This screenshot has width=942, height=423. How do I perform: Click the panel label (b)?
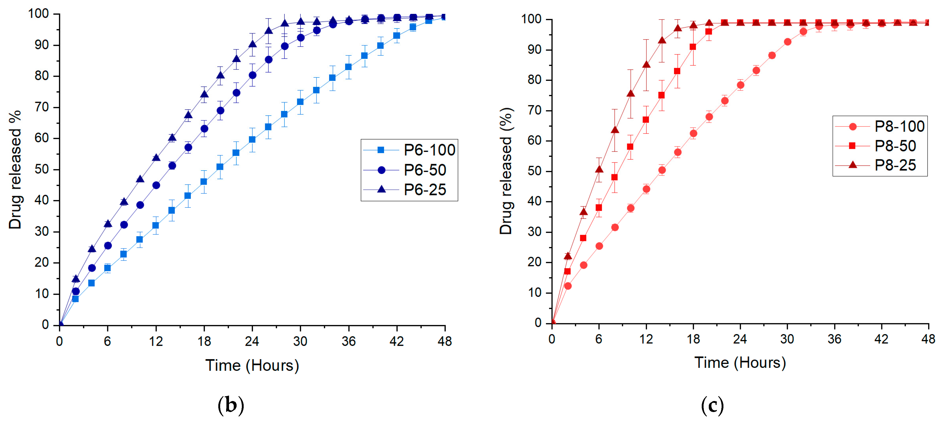pyautogui.click(x=231, y=405)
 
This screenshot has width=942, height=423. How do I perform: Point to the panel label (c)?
pyautogui.click(x=712, y=405)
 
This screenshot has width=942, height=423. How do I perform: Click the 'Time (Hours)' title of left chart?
pyautogui.click(x=252, y=365)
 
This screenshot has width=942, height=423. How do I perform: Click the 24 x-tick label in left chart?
pyautogui.click(x=252, y=341)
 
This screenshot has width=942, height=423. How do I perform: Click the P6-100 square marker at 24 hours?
pyautogui.click(x=252, y=139)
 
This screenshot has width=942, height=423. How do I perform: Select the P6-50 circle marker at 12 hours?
pyautogui.click(x=156, y=185)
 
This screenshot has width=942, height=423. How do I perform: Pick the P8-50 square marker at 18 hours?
pyautogui.click(x=693, y=47)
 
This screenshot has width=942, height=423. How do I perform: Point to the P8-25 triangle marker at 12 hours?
pyautogui.click(x=646, y=65)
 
